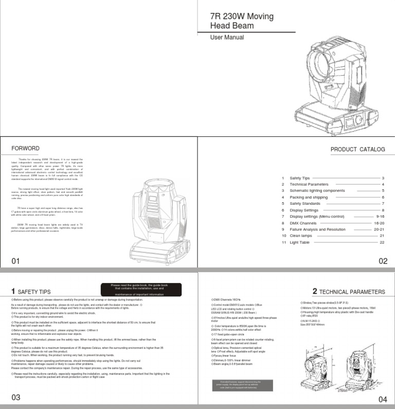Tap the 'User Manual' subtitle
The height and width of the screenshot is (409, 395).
(x=227, y=38)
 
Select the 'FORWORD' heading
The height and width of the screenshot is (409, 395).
(x=25, y=149)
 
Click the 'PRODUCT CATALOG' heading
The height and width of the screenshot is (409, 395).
(x=357, y=150)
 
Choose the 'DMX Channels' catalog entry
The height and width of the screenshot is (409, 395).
(x=304, y=223)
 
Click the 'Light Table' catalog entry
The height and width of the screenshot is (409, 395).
(x=299, y=242)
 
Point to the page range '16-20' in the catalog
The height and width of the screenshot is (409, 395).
(x=379, y=223)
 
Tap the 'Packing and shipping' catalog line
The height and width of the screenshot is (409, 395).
(x=309, y=197)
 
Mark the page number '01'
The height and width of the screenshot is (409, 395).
(x=15, y=261)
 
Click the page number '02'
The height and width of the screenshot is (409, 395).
(x=383, y=261)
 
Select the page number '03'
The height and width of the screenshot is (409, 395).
(x=15, y=397)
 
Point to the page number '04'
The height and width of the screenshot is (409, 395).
(x=383, y=399)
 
